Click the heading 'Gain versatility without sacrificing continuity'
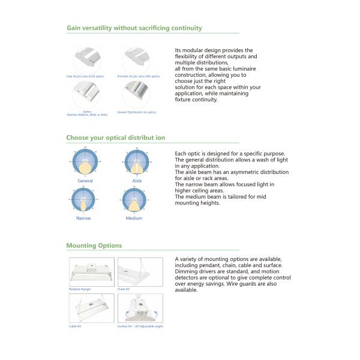134,28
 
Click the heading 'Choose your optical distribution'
115,138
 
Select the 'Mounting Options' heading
94,245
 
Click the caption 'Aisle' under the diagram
137,180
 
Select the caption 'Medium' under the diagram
134,218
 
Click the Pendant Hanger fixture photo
92,272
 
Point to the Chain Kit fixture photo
140,272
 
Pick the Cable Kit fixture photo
92,307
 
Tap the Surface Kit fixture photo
140,307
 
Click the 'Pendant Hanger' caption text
80,289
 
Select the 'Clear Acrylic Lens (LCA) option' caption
85,76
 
